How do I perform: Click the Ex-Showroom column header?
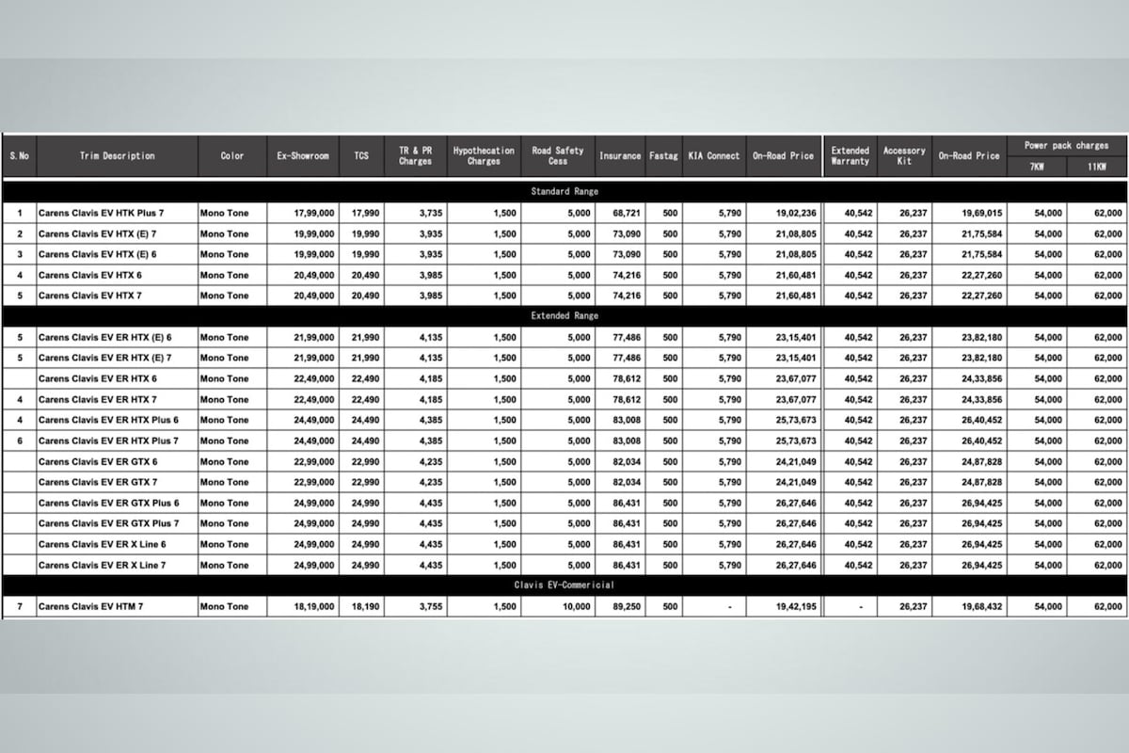pyautogui.click(x=303, y=156)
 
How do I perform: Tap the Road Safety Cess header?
pyautogui.click(x=558, y=156)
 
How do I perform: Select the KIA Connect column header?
pyautogui.click(x=714, y=156)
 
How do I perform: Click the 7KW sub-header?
pyautogui.click(x=1037, y=168)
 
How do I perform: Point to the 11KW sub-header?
pyautogui.click(x=1096, y=168)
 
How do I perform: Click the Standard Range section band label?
pyautogui.click(x=564, y=191)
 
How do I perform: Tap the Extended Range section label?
pyautogui.click(x=564, y=316)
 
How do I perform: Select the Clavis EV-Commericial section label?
pyautogui.click(x=564, y=585)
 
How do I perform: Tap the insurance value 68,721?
pyautogui.click(x=619, y=214)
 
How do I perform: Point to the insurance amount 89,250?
pyautogui.click(x=619, y=607)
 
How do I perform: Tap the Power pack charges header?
pyautogui.click(x=1066, y=146)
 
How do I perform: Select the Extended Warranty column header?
pyautogui.click(x=851, y=156)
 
